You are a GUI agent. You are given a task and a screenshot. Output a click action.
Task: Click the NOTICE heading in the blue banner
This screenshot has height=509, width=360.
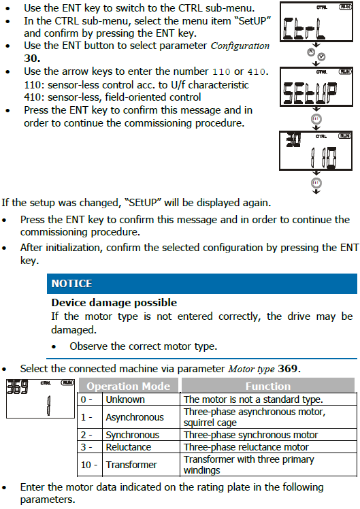pos(71,283)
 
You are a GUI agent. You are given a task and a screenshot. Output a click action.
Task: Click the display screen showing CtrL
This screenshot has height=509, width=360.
pos(316,22)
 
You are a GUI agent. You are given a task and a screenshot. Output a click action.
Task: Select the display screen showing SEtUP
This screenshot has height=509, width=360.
pos(316,86)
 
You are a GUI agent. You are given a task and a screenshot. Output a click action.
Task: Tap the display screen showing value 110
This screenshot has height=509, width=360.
pos(316,150)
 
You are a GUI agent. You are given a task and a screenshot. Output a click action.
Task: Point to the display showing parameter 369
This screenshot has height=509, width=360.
pos(41,398)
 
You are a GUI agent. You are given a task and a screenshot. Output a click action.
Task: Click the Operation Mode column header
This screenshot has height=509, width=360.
pos(129,386)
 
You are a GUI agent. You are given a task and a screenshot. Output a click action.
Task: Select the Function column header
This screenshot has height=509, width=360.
pos(268,386)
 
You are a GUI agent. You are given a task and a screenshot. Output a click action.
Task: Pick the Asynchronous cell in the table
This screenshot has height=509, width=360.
pos(135,417)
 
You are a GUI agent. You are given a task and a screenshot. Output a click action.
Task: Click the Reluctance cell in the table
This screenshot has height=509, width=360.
pos(129,447)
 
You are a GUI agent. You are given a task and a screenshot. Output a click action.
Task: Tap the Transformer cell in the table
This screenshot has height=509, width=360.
pos(131,465)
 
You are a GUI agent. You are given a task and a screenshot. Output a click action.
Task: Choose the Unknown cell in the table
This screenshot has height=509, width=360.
pos(125,399)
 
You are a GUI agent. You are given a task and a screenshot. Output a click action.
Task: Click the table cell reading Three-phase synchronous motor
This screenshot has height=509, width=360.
pos(250,435)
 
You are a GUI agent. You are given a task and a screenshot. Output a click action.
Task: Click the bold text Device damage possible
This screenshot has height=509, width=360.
pos(114,303)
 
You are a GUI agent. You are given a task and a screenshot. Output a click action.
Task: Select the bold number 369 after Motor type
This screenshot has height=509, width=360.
pos(288,369)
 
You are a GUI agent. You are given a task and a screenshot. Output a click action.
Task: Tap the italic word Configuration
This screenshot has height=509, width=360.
pos(240,46)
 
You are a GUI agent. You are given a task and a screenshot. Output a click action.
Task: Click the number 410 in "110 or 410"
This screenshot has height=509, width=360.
pos(257,71)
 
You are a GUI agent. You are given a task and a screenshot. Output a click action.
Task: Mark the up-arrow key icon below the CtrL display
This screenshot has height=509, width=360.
pos(311,52)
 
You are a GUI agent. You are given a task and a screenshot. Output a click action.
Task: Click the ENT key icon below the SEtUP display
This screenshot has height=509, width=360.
pos(316,119)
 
